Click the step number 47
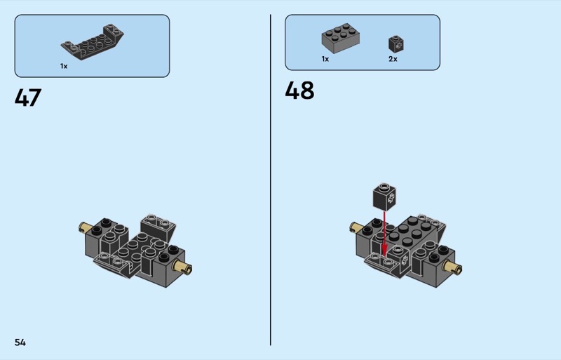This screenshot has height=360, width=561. pos(28,98)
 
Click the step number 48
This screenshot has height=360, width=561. pos(299,91)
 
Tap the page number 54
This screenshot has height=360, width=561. pos(20,342)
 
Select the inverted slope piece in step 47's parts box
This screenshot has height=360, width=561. pos(93,42)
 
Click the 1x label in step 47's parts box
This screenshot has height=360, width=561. pos(64,66)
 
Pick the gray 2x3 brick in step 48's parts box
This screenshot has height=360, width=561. pos(341,39)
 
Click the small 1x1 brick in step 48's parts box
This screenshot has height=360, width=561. pos(396,44)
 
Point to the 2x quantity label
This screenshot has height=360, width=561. pos(393,59)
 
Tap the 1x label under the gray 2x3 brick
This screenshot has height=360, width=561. pos(325,59)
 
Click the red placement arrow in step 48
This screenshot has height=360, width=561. pos(384,234)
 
